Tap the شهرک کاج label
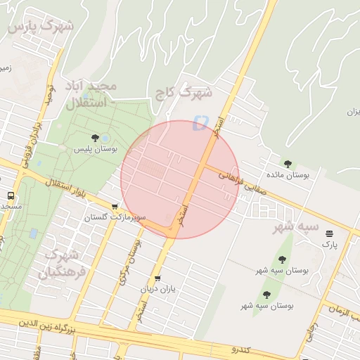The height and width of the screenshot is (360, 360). click(193, 91)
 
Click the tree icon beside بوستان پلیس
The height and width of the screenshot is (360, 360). click(96, 138)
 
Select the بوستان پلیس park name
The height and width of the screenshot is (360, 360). click(96, 149)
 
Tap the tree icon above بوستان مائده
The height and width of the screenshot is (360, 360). click(288, 163)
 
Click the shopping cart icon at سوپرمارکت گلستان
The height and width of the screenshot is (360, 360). click(115, 207)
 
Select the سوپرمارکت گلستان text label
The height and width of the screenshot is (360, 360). click(115, 218)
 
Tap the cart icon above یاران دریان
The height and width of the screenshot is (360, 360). click(157, 278)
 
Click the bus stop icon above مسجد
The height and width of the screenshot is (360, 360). click(11, 195)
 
